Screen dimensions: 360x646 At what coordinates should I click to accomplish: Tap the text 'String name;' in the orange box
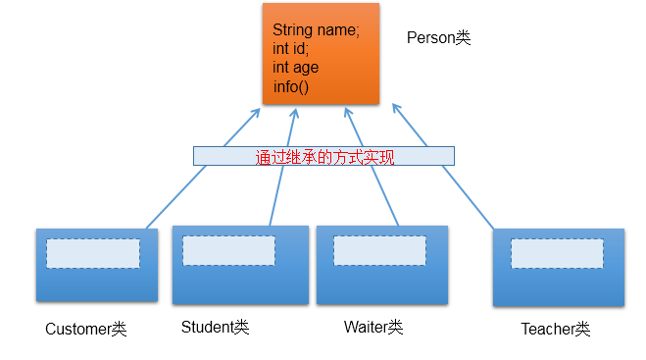[x=316, y=30]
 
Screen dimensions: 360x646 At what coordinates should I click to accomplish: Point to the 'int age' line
[x=296, y=68]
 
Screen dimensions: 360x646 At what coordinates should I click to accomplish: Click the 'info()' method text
[x=291, y=86]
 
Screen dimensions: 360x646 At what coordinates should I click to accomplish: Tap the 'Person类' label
[x=438, y=38]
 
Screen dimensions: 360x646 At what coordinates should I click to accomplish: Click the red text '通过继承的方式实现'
[x=324, y=156]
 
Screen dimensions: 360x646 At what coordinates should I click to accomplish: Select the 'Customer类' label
[x=86, y=329]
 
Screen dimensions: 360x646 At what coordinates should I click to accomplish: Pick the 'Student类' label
[x=215, y=327]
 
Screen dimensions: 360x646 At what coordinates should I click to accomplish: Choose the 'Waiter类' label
[x=373, y=327]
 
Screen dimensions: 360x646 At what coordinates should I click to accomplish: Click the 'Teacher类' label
[x=556, y=329]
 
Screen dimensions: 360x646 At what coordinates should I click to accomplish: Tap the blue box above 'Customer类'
[x=96, y=284]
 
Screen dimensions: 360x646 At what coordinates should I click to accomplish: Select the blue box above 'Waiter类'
[x=381, y=284]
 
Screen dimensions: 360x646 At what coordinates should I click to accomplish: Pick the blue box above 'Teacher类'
[x=558, y=286]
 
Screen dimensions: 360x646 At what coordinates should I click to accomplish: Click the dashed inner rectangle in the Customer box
[x=93, y=253]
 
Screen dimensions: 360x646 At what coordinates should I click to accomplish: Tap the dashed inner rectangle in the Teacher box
[x=557, y=253]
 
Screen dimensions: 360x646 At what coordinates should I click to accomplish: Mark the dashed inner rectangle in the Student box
[x=227, y=250]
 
